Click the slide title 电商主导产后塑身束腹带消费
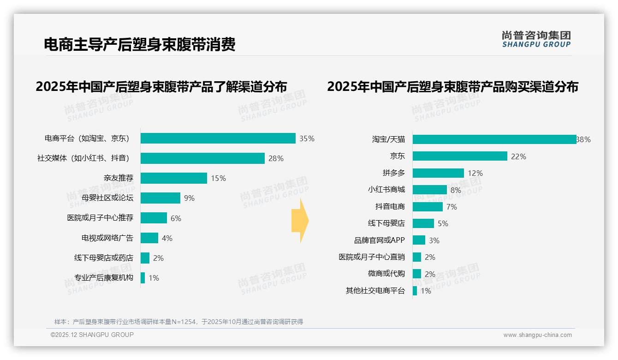[139, 44]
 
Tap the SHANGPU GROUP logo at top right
[536, 39]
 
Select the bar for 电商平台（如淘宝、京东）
[218, 138]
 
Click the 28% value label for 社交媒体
[276, 158]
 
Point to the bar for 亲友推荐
[174, 178]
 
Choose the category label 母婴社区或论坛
[107, 198]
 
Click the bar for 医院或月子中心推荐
[154, 218]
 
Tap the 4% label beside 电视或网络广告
[167, 238]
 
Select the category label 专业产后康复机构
[104, 278]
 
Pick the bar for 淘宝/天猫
[494, 139]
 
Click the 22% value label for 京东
[518, 156]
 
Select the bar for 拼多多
[438, 173]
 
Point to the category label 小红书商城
[386, 190]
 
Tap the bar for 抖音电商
[428, 207]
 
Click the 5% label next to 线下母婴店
[443, 223]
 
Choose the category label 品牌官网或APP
[379, 240]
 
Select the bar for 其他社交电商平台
[415, 291]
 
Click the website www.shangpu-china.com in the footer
[537, 335]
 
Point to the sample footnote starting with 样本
[178, 322]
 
